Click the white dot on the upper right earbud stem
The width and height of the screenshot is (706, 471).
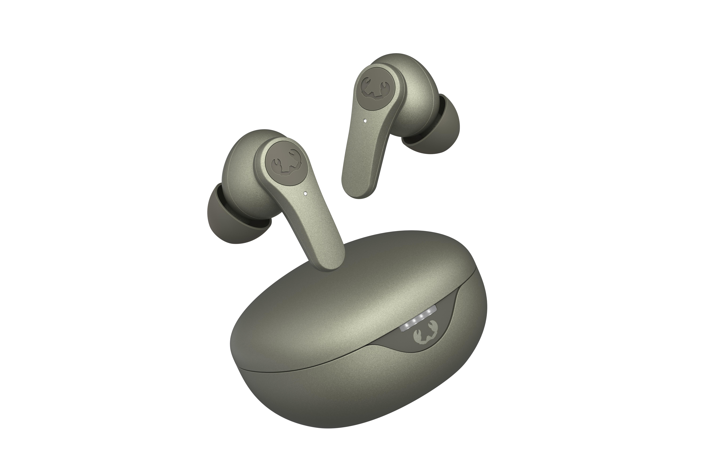tap(365, 121)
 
